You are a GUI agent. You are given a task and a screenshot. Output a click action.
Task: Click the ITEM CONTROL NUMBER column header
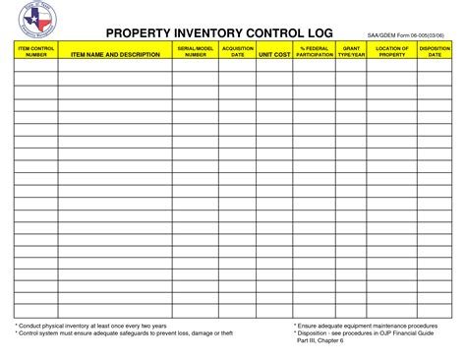coord(35,51)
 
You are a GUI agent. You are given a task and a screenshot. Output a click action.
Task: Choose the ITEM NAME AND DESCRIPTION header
coord(114,54)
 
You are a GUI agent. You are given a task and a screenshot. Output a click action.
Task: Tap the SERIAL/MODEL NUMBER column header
coord(195,51)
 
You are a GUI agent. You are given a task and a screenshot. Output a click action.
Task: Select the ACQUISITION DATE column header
coord(238,51)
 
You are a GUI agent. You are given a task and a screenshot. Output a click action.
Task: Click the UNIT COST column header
coord(275,54)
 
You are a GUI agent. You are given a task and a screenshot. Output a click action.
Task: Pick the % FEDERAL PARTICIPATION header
coord(315,51)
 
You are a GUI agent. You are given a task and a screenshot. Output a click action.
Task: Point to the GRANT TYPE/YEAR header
coord(352,51)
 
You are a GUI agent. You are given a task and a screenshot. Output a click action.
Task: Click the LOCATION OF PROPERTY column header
coord(392,51)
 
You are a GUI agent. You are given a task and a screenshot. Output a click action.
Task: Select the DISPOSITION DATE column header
coord(435,51)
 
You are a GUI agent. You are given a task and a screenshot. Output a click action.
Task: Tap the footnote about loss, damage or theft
coord(124,333)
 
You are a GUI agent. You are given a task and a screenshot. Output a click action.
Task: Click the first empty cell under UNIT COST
coord(275,66)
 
